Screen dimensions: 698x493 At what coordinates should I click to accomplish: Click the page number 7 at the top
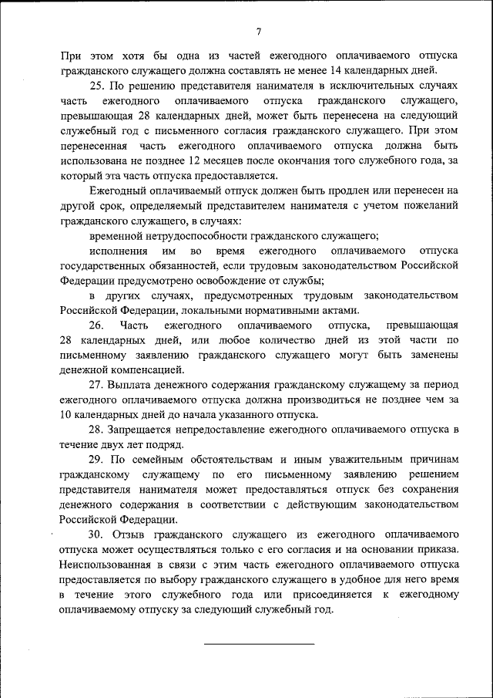pyautogui.click(x=258, y=32)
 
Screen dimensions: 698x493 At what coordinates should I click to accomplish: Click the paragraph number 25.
pyautogui.click(x=96, y=86)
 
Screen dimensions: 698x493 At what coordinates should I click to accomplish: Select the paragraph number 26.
pyautogui.click(x=96, y=325)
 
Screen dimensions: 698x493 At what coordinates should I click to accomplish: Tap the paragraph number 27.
pyautogui.click(x=96, y=384)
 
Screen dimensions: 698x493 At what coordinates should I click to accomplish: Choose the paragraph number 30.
pyautogui.click(x=96, y=534)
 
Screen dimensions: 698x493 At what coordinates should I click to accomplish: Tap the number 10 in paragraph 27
pyautogui.click(x=65, y=414)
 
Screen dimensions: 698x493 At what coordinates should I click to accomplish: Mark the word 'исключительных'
pyautogui.click(x=383, y=86)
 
